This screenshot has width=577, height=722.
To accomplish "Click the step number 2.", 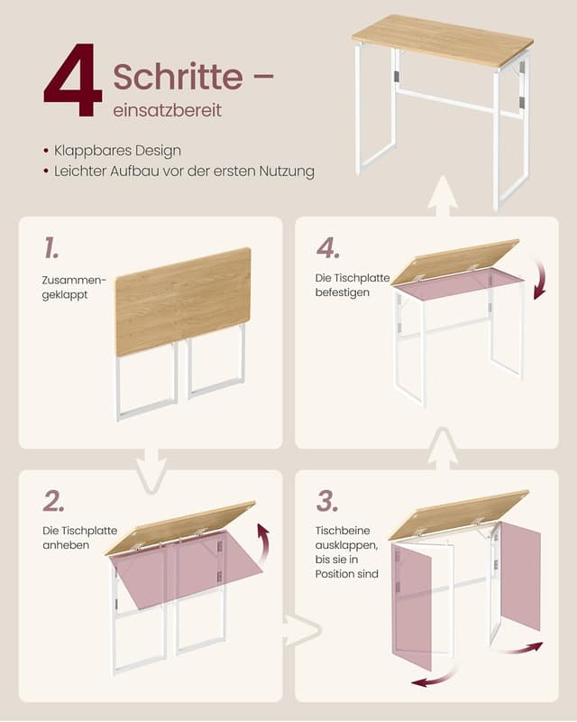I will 53,501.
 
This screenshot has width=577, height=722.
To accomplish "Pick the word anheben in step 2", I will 65,545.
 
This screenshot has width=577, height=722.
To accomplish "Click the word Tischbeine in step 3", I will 343,531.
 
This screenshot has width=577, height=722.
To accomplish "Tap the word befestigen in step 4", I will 343,292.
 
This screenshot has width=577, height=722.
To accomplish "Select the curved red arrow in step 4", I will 539,278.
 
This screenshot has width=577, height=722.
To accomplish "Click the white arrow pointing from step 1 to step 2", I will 151,470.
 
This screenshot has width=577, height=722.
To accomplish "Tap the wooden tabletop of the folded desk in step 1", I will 183,300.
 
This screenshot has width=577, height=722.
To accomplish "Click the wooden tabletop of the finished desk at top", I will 442,40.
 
